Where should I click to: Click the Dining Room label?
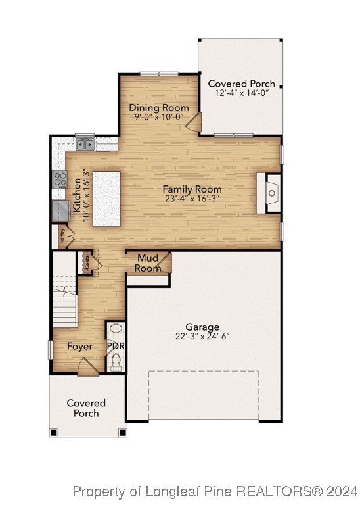point(159,108)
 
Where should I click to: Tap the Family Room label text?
point(192,189)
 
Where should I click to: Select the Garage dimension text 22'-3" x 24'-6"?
point(202,336)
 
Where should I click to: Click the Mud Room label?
point(148,264)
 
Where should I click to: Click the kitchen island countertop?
point(106,199)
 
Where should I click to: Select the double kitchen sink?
point(84,143)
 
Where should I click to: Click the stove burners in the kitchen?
point(60,178)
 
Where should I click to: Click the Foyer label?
point(79,347)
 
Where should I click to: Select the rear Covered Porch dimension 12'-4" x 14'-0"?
point(240,93)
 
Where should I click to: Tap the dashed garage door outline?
point(204,395)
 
